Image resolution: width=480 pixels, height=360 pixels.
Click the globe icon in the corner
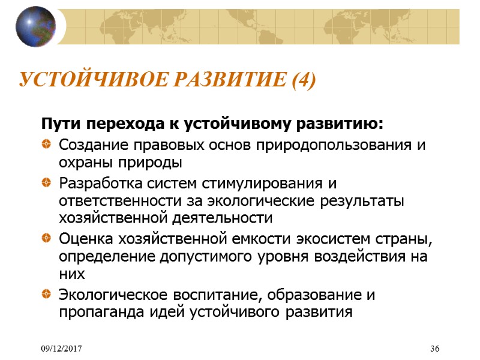pyautogui.click(x=35, y=26)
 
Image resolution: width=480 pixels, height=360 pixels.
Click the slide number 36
pyautogui.click(x=435, y=349)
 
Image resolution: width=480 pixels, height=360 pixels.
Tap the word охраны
pyautogui.click(x=82, y=163)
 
